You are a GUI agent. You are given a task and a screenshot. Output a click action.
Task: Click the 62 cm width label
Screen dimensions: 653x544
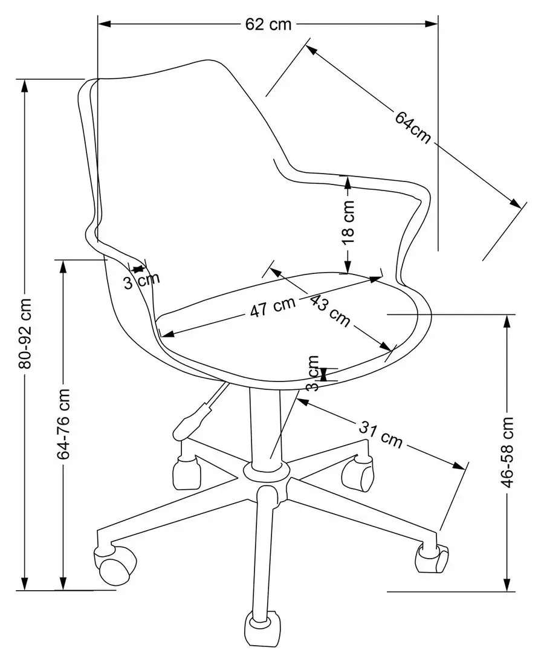[x=268, y=24]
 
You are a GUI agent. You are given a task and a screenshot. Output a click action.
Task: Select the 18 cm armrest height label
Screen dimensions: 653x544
[x=349, y=222]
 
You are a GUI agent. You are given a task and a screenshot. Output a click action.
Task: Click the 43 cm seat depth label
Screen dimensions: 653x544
[x=329, y=310]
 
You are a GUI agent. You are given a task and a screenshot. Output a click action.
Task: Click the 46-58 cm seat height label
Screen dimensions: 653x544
[x=508, y=451]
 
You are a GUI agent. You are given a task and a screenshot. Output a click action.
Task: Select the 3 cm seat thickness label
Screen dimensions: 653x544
[x=312, y=373]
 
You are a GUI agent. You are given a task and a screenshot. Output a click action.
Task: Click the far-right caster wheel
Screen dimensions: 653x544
[x=432, y=557]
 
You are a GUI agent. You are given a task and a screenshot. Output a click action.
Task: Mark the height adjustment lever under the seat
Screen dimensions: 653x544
[x=194, y=415]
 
